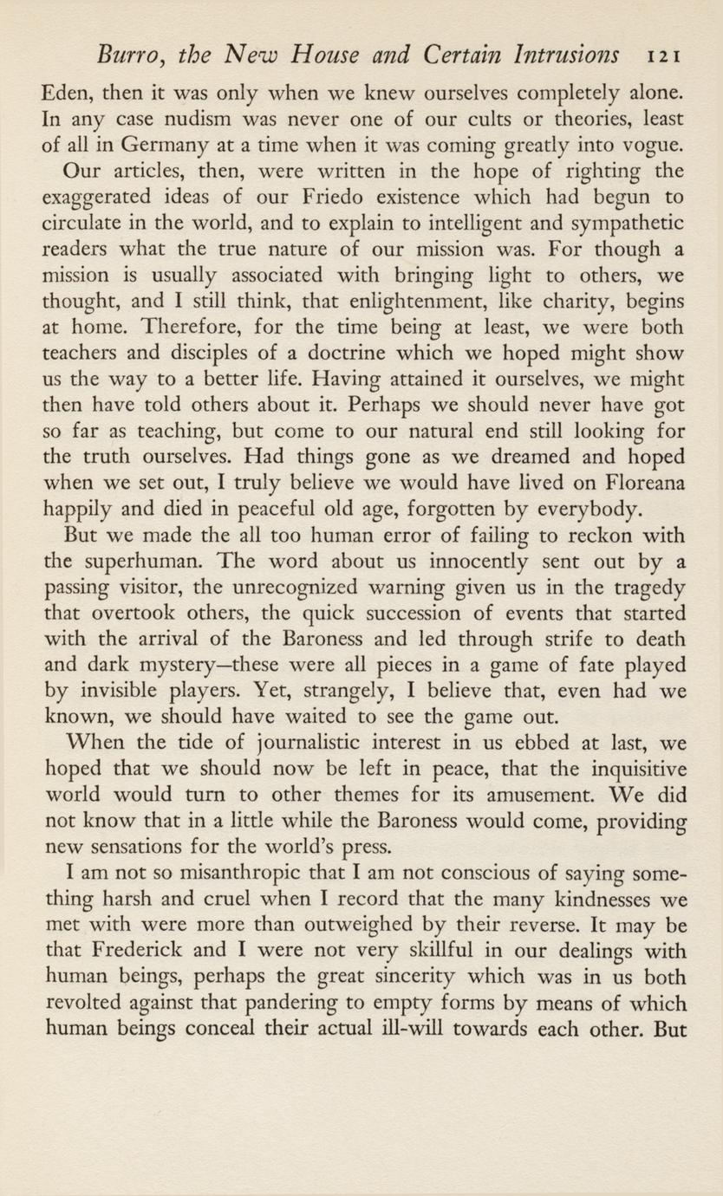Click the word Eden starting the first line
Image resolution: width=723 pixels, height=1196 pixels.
(x=71, y=90)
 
